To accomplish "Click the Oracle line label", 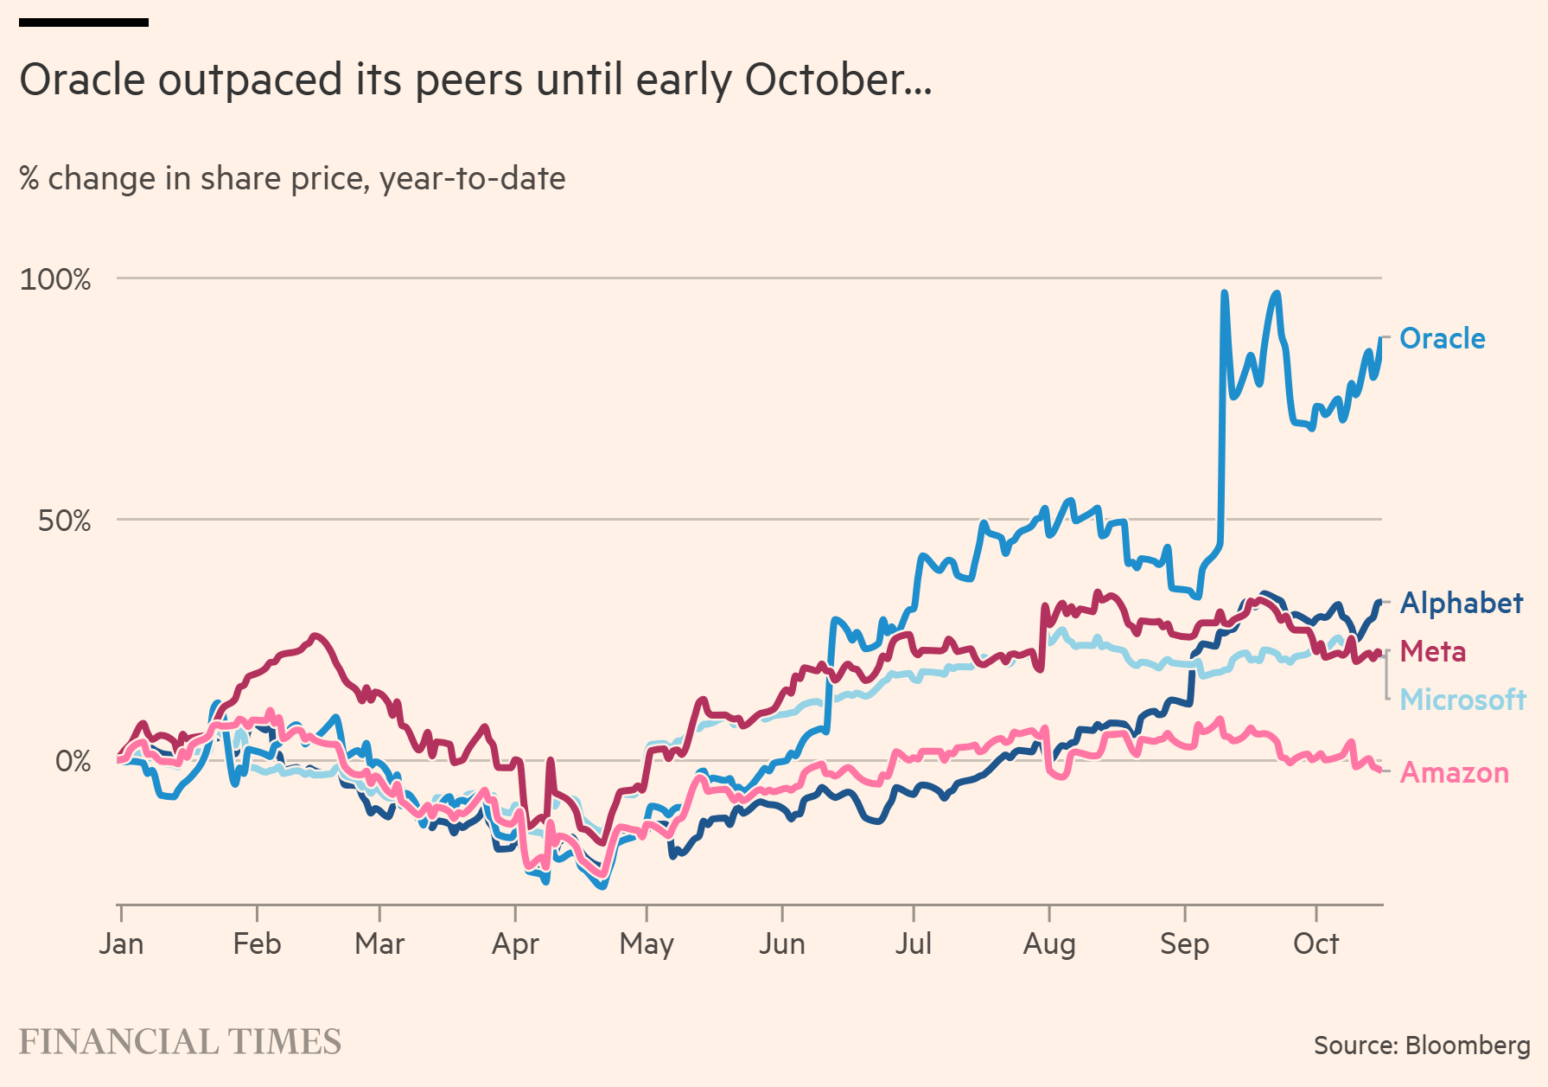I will (1442, 338).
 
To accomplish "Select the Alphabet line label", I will (1461, 603).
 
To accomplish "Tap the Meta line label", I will (1432, 651).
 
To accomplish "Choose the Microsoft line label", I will (1462, 699).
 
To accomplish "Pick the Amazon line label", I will (1454, 772).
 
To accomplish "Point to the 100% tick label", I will (55, 279).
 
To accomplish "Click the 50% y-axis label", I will (64, 521).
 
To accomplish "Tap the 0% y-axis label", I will (73, 761).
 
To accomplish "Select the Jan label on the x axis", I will (121, 943).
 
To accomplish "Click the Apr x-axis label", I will (515, 943).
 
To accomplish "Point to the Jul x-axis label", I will (913, 943).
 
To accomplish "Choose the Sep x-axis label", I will (1184, 943).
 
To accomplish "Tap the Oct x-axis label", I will (1315, 943).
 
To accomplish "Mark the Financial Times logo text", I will (180, 1042).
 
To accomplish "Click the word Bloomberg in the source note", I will (1468, 1045).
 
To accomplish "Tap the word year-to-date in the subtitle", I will (472, 178).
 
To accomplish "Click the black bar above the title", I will (84, 22).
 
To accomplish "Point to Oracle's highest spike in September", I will (1224, 294).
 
